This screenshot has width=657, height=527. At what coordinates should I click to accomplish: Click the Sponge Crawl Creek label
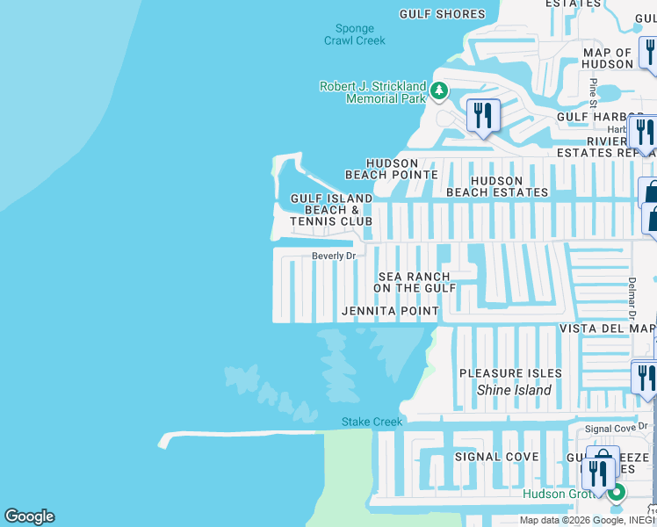(355, 33)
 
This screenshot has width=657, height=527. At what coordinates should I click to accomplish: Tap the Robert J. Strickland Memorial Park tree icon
(438, 90)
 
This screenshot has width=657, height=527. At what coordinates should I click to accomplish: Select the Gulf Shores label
(442, 14)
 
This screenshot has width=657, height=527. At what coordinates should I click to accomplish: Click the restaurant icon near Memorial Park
(483, 115)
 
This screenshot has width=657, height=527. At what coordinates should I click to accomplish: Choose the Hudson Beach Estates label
(497, 186)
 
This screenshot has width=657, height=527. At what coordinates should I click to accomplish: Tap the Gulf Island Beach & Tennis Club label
(332, 210)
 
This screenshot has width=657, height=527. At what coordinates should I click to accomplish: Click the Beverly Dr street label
(334, 256)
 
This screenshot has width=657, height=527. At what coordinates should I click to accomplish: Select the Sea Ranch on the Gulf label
(415, 282)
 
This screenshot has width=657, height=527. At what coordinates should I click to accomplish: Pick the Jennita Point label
(390, 311)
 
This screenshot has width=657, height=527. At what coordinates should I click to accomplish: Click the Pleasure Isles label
(510, 373)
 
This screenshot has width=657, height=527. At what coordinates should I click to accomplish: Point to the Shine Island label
(514, 390)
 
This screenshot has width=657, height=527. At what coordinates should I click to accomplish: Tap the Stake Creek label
(372, 422)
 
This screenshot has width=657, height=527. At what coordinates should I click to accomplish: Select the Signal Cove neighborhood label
(497, 457)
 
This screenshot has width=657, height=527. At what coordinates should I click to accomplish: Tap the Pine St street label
(594, 89)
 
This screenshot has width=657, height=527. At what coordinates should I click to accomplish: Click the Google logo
(29, 516)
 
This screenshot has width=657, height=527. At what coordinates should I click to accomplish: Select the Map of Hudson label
(608, 58)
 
